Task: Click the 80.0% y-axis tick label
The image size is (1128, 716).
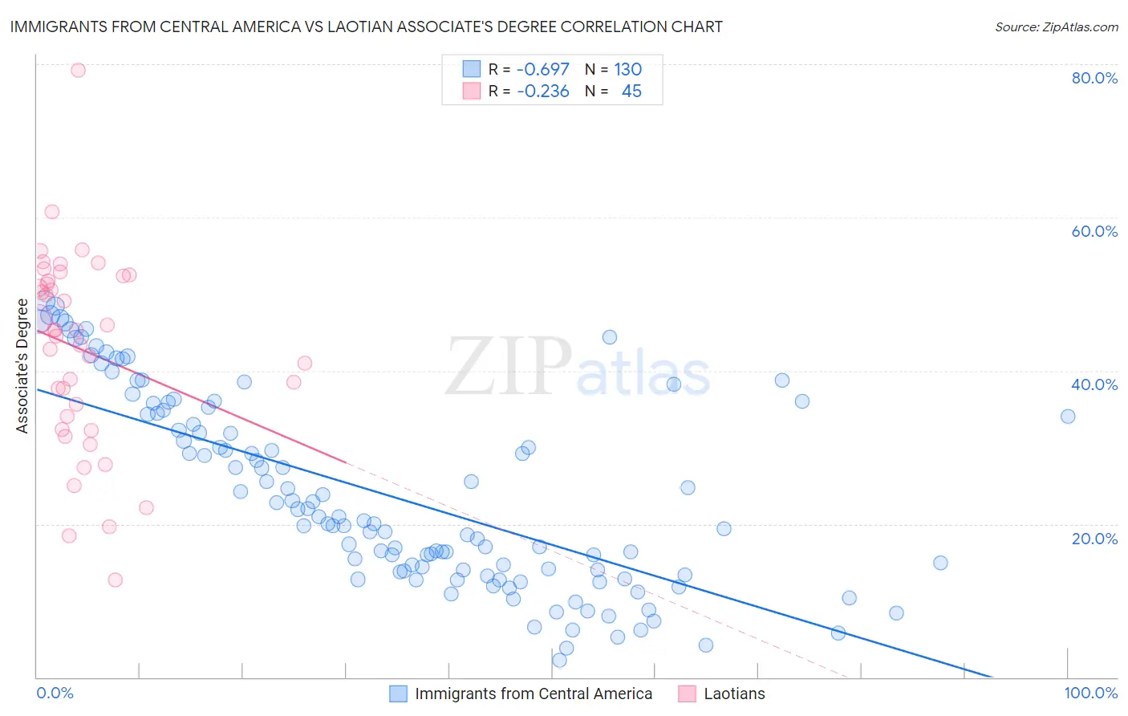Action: pyautogui.click(x=1094, y=78)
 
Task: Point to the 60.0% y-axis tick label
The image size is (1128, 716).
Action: pyautogui.click(x=1094, y=231)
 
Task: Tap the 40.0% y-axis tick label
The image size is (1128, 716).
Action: pyautogui.click(x=1094, y=384)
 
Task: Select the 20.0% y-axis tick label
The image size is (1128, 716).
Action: pyautogui.click(x=1094, y=539)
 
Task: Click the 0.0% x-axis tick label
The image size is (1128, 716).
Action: pyautogui.click(x=55, y=693)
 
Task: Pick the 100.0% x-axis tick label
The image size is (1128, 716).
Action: pyautogui.click(x=1091, y=693)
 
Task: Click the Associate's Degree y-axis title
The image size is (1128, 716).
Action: pyautogui.click(x=22, y=366)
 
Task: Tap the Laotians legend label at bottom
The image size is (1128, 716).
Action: pyautogui.click(x=734, y=694)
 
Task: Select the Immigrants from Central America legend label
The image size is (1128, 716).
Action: pyautogui.click(x=534, y=694)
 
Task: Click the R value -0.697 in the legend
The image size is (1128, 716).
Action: pyautogui.click(x=543, y=69)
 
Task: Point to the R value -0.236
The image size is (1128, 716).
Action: pyautogui.click(x=543, y=92)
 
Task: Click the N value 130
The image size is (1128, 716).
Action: pyautogui.click(x=628, y=69)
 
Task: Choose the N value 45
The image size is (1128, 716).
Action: pyautogui.click(x=631, y=92)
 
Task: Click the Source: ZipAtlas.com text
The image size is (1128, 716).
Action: pyautogui.click(x=1057, y=27)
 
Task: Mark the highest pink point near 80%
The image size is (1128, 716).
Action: pyautogui.click(x=78, y=70)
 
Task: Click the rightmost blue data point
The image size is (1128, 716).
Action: pyautogui.click(x=1068, y=416)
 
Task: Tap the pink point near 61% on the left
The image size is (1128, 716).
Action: pyautogui.click(x=51, y=212)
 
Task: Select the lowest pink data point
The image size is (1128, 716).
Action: pyautogui.click(x=116, y=580)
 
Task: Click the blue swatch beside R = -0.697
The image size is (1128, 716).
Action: pyautogui.click(x=472, y=69)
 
